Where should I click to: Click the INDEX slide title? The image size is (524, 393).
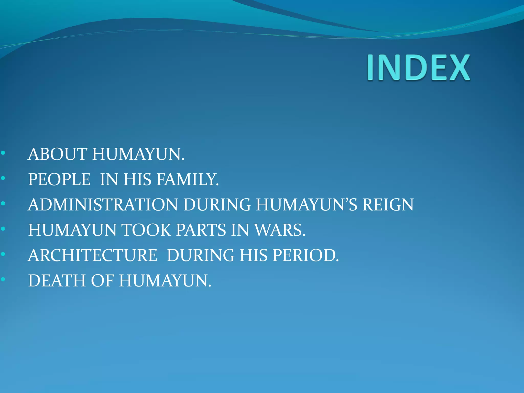(419, 68)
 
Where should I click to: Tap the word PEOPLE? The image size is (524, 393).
(59, 179)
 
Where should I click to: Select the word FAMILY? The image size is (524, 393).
(188, 179)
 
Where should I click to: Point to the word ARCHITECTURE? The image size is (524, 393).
(93, 255)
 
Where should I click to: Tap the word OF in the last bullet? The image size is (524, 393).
(102, 280)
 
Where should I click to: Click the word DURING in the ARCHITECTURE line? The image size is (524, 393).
(200, 255)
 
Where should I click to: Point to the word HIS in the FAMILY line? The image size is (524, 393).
(138, 179)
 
